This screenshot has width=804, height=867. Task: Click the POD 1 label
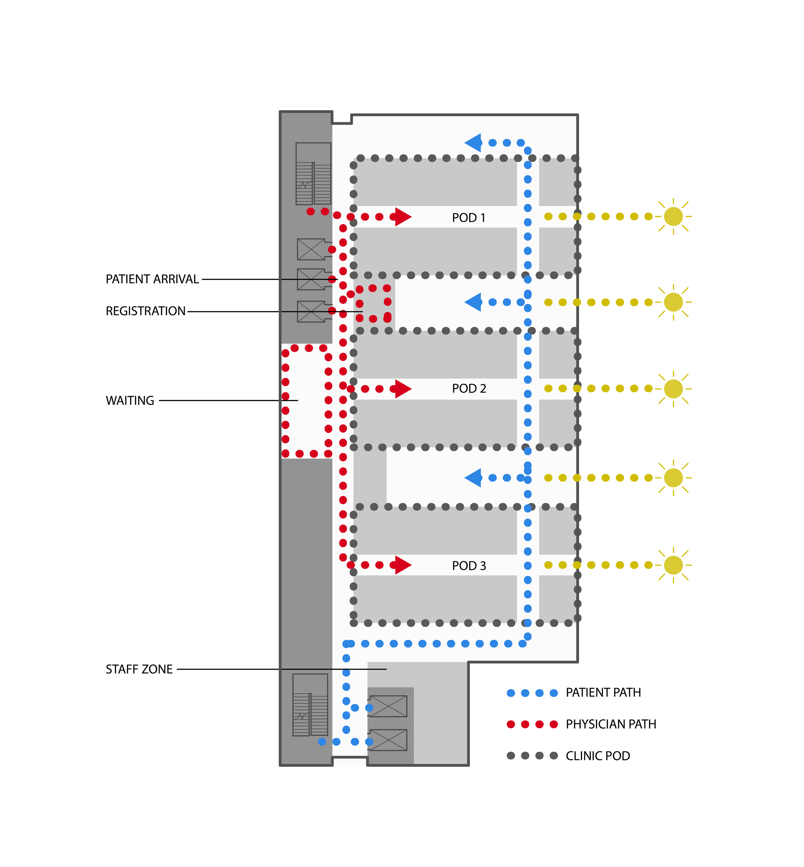tap(468, 218)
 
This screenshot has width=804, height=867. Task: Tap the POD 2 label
tap(469, 388)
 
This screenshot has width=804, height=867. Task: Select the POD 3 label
tap(469, 566)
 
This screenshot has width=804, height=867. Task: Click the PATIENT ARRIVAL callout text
tap(152, 279)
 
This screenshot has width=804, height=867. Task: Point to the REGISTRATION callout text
tap(145, 311)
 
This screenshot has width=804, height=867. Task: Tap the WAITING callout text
tap(130, 400)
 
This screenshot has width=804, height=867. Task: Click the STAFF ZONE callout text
tap(139, 669)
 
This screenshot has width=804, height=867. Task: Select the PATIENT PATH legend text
tap(603, 692)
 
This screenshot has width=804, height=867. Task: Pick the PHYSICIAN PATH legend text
tap(610, 724)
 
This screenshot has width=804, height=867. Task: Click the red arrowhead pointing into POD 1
tap(402, 217)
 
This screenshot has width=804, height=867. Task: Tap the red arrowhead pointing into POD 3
tap(402, 565)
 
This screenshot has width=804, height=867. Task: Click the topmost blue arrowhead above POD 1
tap(474, 143)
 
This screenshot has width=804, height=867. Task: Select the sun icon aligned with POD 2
tap(673, 388)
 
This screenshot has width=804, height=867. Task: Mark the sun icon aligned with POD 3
tap(673, 565)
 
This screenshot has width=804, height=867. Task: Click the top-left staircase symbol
tap(313, 174)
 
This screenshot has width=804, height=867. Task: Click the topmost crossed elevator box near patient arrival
tap(311, 249)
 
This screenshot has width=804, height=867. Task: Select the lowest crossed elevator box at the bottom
tap(388, 740)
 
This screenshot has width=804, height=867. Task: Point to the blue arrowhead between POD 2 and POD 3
tap(474, 478)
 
